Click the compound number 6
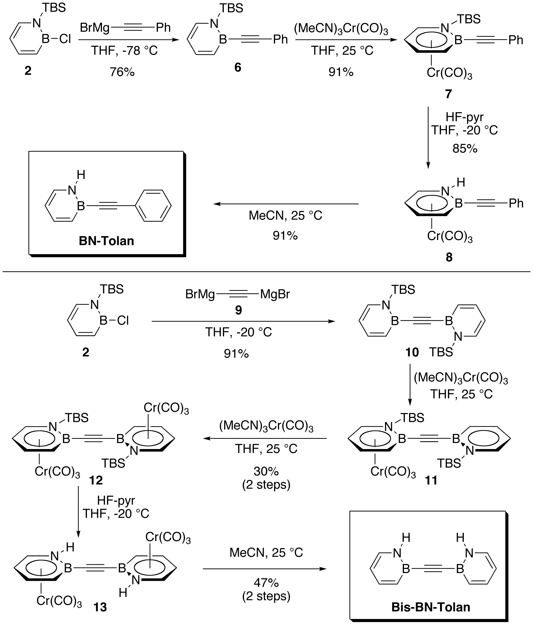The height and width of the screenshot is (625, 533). point(238,68)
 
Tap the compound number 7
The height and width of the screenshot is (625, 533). point(448,94)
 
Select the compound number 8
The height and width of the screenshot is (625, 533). point(449,257)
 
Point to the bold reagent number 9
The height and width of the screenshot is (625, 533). point(238,310)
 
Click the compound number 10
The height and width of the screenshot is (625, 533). point(412,352)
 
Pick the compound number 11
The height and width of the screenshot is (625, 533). point(431,480)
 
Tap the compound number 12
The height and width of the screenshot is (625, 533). point(96,480)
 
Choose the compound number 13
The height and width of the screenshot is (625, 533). point(100,607)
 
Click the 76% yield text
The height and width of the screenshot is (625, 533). point(122,72)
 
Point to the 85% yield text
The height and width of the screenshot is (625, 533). point(465,148)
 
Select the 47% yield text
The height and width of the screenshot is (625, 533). point(266,583)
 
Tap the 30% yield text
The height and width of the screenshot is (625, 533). point(266,471)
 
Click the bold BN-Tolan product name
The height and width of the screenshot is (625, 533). point(106,241)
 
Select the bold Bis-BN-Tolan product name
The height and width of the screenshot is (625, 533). point(431,607)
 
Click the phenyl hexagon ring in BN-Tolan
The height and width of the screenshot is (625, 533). point(153,206)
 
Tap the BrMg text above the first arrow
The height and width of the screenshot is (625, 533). point(95,28)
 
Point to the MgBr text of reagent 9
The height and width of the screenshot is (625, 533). point(275,294)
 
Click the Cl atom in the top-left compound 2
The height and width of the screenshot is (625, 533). point(65,39)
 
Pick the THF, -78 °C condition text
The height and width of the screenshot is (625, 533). point(124,51)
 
